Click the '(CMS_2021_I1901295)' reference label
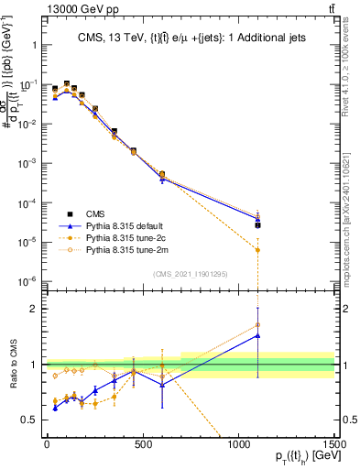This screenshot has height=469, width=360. click(191, 275)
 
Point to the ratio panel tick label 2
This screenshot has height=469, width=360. click(34, 309)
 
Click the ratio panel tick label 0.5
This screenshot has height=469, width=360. click(29, 420)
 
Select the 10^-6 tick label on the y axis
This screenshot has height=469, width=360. click(27, 281)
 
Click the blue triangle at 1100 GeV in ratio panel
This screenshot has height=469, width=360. click(258, 335)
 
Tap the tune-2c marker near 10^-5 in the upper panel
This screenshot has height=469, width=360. click(258, 250)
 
